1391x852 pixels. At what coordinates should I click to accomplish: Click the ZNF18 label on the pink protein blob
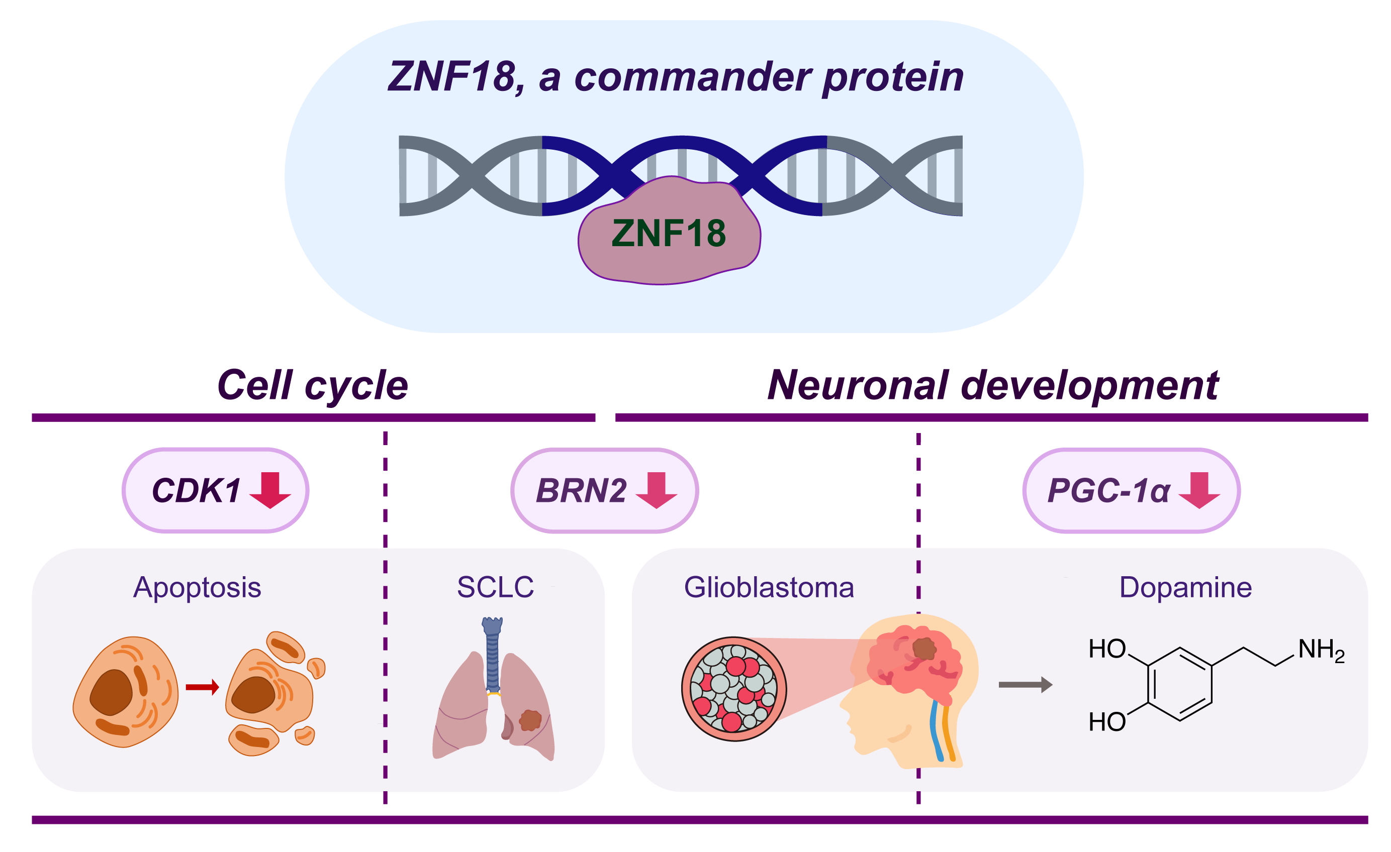[669, 233]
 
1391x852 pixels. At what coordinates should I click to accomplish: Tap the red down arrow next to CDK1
[270, 490]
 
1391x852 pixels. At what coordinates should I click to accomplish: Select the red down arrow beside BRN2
[656, 490]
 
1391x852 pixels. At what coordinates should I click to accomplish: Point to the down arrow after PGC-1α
[1199, 490]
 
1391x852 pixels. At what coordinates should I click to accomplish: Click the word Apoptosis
[197, 587]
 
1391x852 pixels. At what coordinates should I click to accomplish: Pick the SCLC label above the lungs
[495, 587]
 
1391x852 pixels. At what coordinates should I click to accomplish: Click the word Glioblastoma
[769, 587]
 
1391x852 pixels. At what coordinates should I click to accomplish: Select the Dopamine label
[1185, 587]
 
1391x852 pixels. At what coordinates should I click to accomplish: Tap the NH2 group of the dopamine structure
[1321, 650]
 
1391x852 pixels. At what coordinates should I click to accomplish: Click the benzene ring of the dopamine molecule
[1179, 684]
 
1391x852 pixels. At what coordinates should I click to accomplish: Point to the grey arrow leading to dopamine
[1025, 685]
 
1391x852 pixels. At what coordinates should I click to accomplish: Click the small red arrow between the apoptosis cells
[202, 687]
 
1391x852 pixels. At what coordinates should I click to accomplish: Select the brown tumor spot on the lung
[530, 720]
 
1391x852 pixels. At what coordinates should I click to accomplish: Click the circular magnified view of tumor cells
[733, 689]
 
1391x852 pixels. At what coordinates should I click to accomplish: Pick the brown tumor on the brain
[923, 649]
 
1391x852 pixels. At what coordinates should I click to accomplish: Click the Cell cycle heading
[312, 385]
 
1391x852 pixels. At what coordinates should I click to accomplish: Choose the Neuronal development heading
[992, 385]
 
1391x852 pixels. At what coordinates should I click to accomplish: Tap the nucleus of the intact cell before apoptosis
[111, 692]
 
